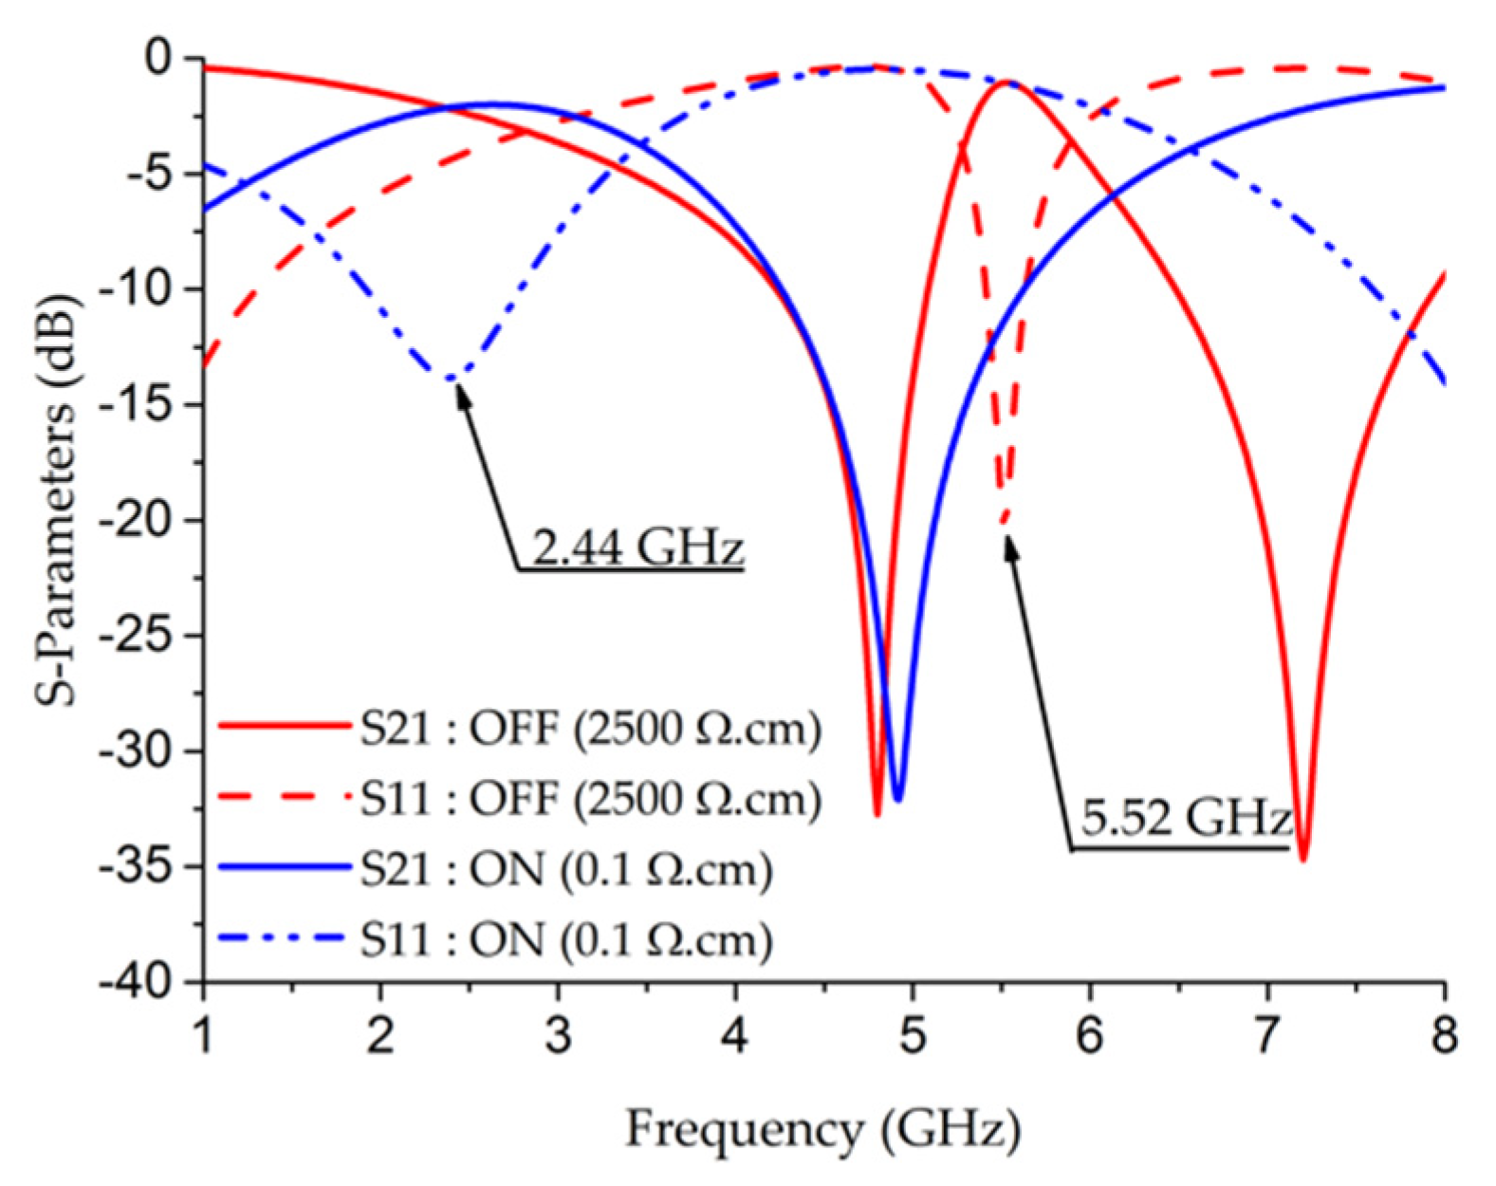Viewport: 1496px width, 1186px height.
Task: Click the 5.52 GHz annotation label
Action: point(1186,818)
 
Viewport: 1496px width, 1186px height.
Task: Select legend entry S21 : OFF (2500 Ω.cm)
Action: point(589,730)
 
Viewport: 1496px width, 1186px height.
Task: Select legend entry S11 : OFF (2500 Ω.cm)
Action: point(589,799)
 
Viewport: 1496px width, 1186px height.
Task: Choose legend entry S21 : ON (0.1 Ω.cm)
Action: point(565,869)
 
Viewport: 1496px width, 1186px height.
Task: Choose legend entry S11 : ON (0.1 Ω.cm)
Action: point(565,939)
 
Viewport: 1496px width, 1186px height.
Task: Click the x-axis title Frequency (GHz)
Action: point(822,1130)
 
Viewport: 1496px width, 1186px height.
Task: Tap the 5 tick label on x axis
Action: point(913,1034)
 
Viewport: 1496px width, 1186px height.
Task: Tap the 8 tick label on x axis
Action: point(1444,1034)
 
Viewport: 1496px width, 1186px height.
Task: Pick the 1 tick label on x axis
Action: point(204,1034)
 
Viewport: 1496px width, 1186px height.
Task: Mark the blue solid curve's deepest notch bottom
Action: point(897,799)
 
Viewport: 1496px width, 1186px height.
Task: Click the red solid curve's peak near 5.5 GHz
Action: point(1004,83)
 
